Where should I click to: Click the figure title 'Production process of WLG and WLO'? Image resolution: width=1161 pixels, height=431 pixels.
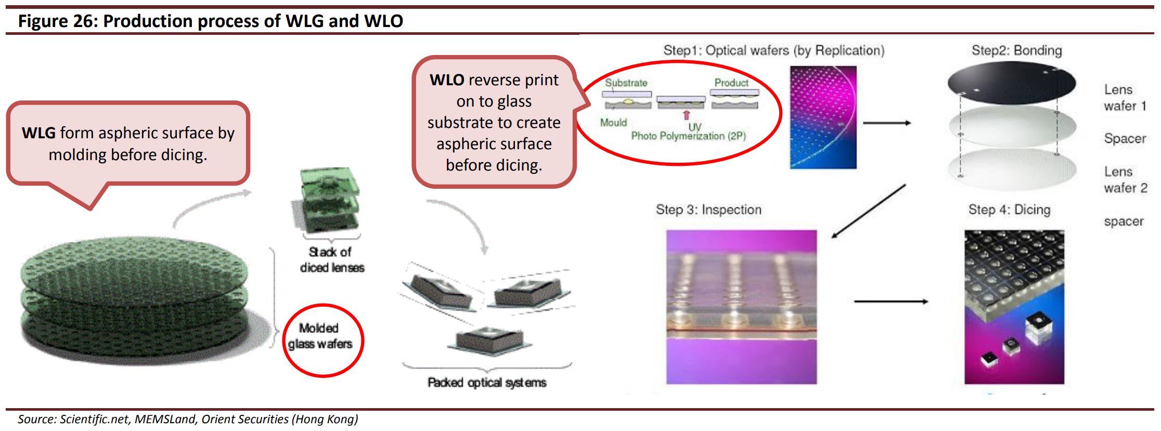253,21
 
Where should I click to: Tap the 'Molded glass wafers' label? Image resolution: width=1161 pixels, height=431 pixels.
320,336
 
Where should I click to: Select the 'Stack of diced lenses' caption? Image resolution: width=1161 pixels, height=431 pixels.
331,259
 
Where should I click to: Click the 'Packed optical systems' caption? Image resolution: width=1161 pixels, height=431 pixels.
486,383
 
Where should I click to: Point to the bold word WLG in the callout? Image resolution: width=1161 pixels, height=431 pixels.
38,133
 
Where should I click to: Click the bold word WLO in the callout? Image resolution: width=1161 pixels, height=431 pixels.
447,80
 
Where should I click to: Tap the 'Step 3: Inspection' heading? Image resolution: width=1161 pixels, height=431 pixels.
708,210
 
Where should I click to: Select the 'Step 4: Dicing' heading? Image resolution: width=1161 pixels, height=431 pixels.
1009,210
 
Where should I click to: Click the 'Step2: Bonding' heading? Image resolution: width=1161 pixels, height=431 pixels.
1016,50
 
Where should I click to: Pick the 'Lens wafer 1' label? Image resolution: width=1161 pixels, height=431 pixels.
1125,98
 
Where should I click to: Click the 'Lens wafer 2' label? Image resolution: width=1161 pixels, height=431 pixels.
1125,180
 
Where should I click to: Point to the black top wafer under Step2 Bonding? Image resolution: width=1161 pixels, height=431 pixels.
1011,82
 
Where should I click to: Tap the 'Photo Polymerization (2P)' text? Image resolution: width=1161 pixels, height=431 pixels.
688,136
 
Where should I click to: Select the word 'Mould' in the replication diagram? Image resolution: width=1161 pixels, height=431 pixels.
613,123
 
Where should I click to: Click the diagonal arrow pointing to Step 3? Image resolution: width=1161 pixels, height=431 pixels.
869,211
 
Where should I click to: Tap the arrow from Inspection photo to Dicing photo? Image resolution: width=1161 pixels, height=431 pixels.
891,301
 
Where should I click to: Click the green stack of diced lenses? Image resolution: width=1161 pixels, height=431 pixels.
326,200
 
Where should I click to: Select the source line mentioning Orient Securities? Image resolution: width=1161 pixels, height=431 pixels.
188,419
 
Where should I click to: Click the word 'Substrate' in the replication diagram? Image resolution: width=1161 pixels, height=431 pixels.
626,83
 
